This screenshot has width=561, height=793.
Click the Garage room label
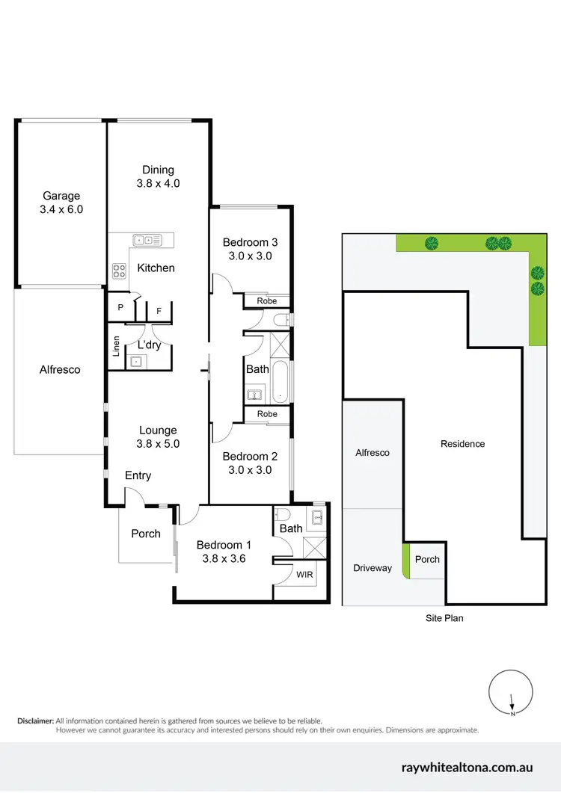61,196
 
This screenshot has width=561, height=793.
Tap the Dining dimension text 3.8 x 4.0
158,183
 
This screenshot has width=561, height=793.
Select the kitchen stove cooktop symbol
119,271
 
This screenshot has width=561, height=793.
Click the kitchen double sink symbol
147,240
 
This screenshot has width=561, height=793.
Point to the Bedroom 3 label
251,242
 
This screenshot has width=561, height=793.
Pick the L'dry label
148,345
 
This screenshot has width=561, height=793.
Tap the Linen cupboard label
116,347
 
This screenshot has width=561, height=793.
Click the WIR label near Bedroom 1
305,575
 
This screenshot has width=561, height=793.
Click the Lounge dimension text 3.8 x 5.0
158,443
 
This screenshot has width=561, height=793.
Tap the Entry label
138,475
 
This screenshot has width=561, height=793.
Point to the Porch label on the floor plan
146,534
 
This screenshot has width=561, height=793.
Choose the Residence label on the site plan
462,444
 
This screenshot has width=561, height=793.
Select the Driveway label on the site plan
373,568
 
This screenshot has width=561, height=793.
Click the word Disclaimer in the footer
35,721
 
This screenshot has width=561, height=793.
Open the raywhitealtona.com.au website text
467,768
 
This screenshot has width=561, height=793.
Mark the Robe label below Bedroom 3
267,301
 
